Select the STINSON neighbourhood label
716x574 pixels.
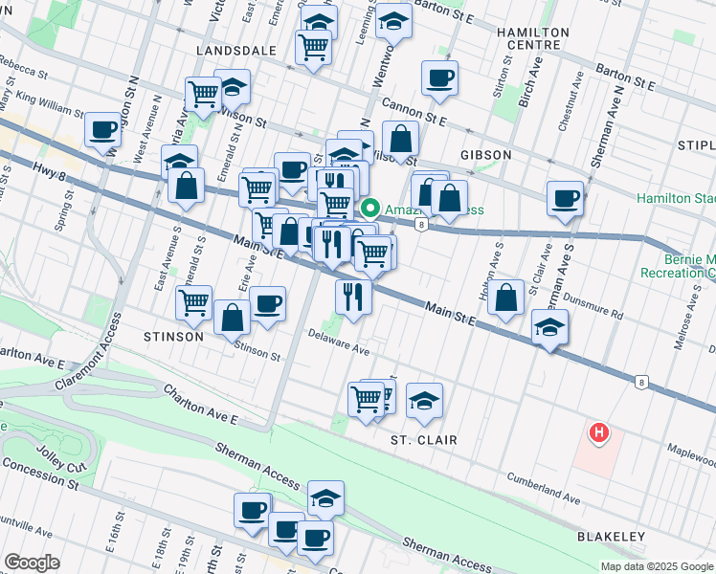coord(173,337)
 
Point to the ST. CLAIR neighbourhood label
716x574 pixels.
coord(423,440)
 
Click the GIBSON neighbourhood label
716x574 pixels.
coord(485,154)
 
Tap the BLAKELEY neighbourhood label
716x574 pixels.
coord(611,537)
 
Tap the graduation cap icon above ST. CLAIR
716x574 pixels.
coord(425,400)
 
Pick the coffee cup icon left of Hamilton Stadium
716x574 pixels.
coord(566,198)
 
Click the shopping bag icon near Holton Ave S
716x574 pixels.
coord(506,296)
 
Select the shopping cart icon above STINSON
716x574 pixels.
coord(194,302)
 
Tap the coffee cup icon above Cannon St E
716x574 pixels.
coord(439,77)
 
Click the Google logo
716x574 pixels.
coord(31,563)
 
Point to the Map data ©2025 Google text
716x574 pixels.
coord(656,566)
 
